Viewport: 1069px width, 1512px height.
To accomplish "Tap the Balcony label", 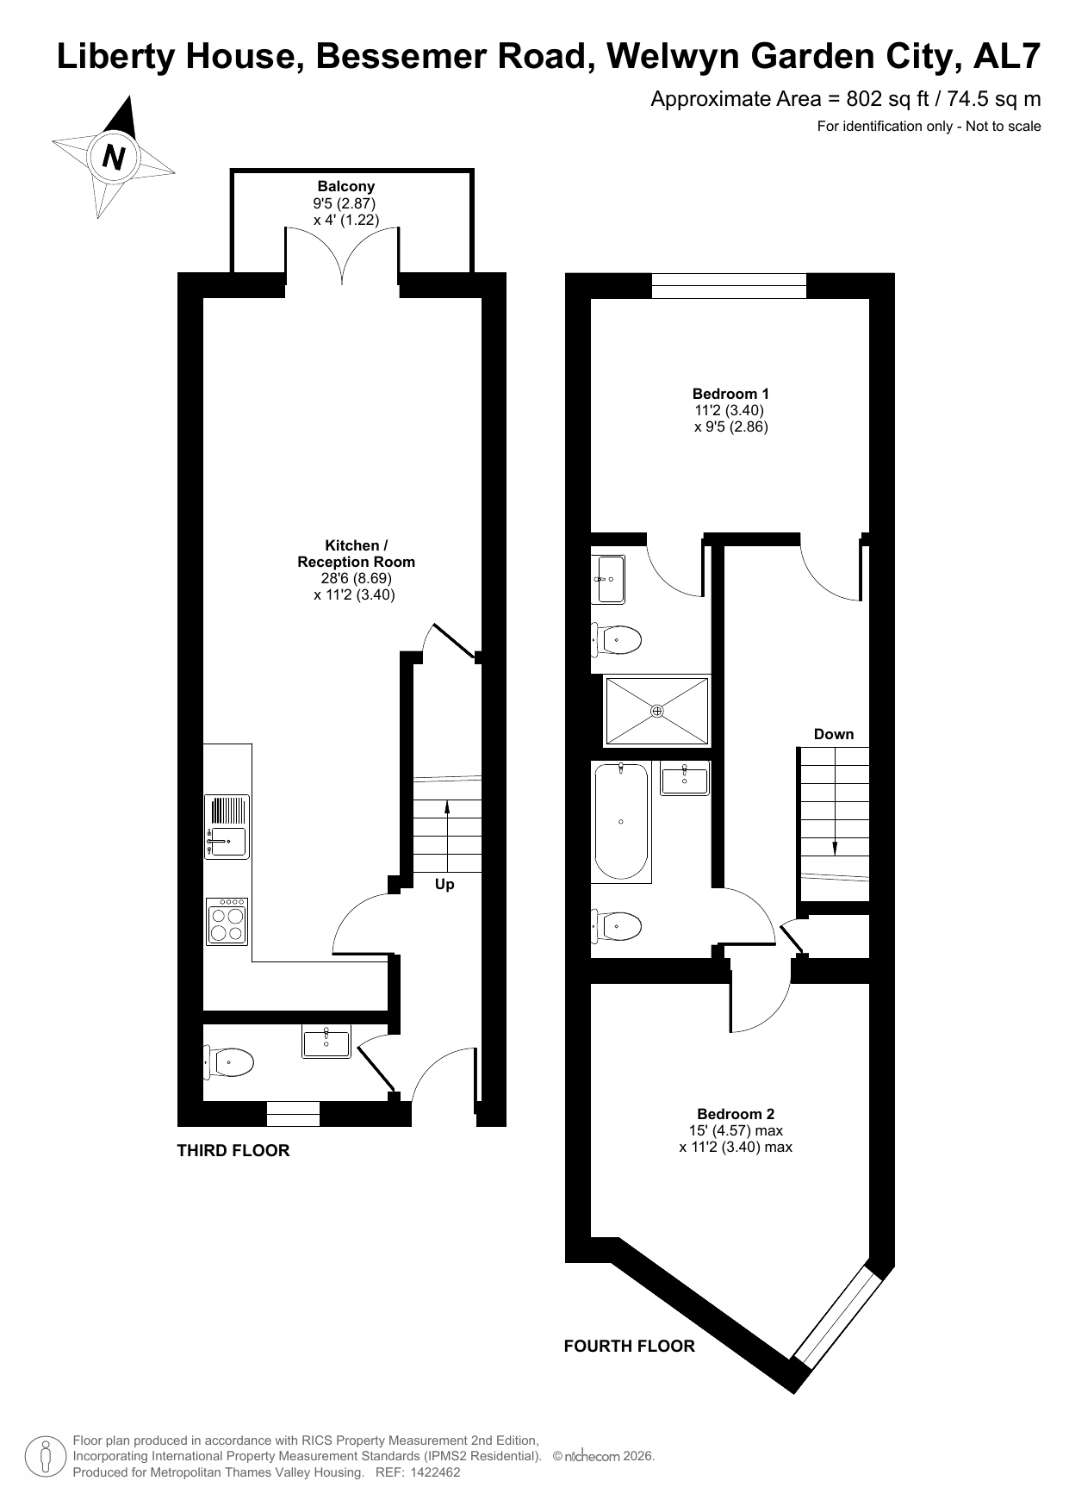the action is point(346,186).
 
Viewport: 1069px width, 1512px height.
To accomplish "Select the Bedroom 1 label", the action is point(730,394).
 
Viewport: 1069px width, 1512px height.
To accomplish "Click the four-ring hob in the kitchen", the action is point(227,922).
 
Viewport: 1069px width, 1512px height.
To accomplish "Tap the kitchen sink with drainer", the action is point(227,826).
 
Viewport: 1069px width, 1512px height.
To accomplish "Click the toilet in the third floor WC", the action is point(228,1062).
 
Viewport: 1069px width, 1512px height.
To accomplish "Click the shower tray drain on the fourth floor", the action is point(657,711).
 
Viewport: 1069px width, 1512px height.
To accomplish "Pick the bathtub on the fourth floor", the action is point(621,822).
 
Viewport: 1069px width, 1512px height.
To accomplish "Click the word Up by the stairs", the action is point(444,884).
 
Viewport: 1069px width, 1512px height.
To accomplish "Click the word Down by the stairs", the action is point(834,734).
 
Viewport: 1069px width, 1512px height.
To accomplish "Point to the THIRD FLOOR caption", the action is point(233,1150).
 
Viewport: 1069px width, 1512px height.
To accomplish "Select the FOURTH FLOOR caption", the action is point(629,1346).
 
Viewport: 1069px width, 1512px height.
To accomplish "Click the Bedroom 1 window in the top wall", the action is point(729,286).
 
